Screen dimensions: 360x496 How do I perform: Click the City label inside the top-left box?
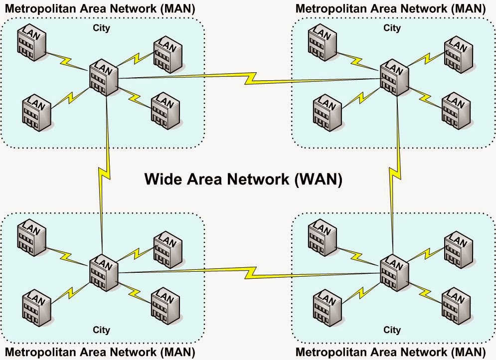pyautogui.click(x=101, y=28)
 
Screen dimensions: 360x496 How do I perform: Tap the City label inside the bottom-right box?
pyautogui.click(x=392, y=330)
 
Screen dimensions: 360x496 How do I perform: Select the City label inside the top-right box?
pyautogui.click(x=392, y=28)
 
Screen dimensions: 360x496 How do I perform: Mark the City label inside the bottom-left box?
pyautogui.click(x=101, y=330)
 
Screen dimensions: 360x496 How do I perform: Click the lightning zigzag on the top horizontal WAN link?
pyautogui.click(x=249, y=77)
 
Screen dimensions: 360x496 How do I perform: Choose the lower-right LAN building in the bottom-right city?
pyautogui.click(x=456, y=303)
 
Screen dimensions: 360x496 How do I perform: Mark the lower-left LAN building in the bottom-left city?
pyautogui.click(x=36, y=303)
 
